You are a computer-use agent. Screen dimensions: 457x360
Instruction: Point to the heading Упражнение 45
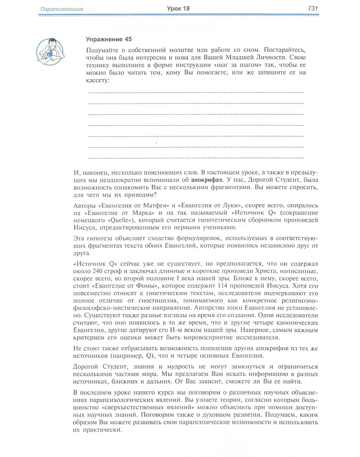pyautogui.click(x=108, y=39)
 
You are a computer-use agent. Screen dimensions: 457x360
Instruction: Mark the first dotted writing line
pyautogui.click(x=195, y=92)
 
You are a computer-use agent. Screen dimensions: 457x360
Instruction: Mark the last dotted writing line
pyautogui.click(x=195, y=157)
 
